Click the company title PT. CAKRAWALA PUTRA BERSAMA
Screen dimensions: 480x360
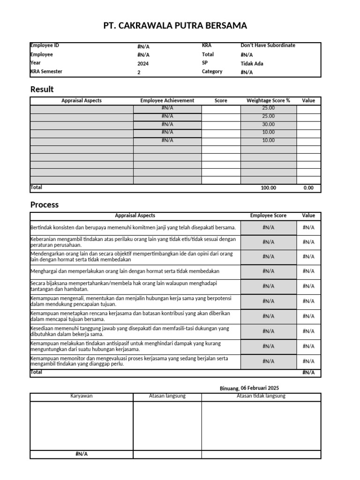(x=175, y=25)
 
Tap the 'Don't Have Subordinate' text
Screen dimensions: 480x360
(x=268, y=45)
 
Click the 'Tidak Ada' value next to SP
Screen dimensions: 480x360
(x=252, y=64)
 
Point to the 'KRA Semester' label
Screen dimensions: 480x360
(x=46, y=72)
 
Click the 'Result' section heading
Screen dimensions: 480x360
(x=42, y=89)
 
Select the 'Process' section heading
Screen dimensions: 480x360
(x=45, y=204)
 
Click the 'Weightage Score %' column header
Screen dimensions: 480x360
(x=268, y=100)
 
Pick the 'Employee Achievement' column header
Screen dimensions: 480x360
(x=167, y=100)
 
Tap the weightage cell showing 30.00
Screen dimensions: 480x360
(x=269, y=125)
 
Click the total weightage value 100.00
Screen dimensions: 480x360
(x=269, y=187)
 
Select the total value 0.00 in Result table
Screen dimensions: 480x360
(x=308, y=187)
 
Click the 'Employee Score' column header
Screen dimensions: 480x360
(x=268, y=216)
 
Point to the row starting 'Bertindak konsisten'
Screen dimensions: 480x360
(x=133, y=227)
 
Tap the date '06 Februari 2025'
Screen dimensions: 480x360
(x=259, y=388)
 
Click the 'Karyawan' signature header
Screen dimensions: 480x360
(x=82, y=396)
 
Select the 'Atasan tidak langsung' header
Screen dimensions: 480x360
(x=261, y=396)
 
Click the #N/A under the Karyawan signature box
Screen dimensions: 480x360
(x=82, y=454)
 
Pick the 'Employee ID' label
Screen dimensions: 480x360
(x=45, y=45)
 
